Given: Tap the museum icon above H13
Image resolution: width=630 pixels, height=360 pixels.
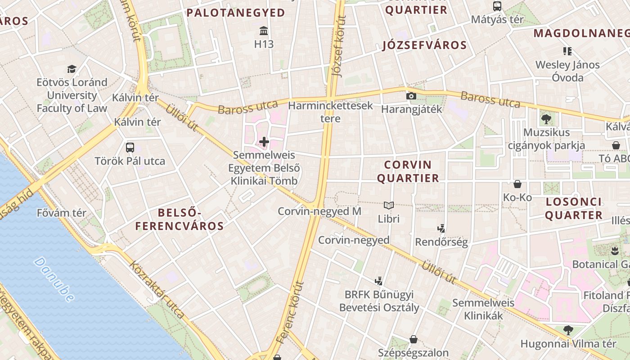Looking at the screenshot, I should click(264, 31).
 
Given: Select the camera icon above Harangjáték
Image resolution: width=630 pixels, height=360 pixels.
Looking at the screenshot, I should click(411, 96).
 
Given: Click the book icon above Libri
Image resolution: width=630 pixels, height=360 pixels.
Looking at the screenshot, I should click(389, 206).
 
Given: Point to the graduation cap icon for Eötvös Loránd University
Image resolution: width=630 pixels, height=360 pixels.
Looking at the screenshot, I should click(72, 69).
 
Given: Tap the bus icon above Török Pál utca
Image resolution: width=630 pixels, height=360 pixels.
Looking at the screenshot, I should click(130, 147).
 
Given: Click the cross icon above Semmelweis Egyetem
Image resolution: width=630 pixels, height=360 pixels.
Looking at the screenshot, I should click(264, 142).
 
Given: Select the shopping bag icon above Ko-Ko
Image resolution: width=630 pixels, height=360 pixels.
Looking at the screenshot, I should click(517, 184).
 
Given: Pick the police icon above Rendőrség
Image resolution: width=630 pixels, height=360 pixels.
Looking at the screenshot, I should click(441, 229).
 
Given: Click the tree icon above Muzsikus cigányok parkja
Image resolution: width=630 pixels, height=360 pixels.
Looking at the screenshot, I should click(546, 119).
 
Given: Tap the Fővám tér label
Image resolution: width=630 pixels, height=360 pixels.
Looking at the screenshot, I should click(62, 213).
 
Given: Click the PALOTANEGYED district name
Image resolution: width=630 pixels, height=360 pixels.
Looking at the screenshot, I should click(236, 13).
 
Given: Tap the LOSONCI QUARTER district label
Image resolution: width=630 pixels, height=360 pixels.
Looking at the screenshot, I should click(573, 208).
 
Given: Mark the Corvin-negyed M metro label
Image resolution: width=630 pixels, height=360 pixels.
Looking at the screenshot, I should click(319, 211).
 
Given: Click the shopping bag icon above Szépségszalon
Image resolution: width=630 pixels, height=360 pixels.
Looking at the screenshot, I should click(413, 339).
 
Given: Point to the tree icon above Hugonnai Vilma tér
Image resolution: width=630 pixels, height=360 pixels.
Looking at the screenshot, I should click(568, 330).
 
